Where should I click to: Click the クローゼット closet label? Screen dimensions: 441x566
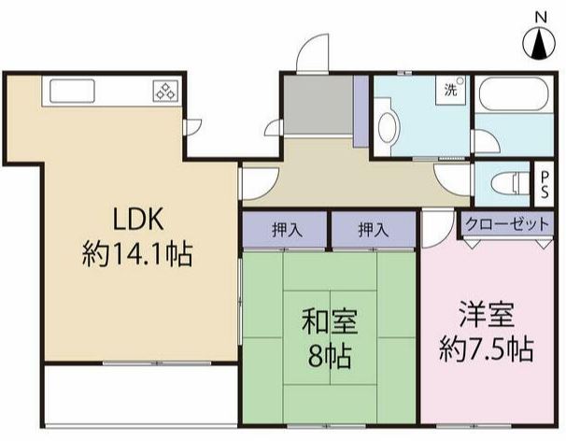point(506,224)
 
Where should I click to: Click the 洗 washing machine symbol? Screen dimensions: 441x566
point(451,92)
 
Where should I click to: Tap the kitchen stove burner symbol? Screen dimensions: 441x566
point(165,92)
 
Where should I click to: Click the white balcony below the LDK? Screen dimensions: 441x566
point(140,397)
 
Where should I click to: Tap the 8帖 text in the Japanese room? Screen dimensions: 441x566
point(326,355)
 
